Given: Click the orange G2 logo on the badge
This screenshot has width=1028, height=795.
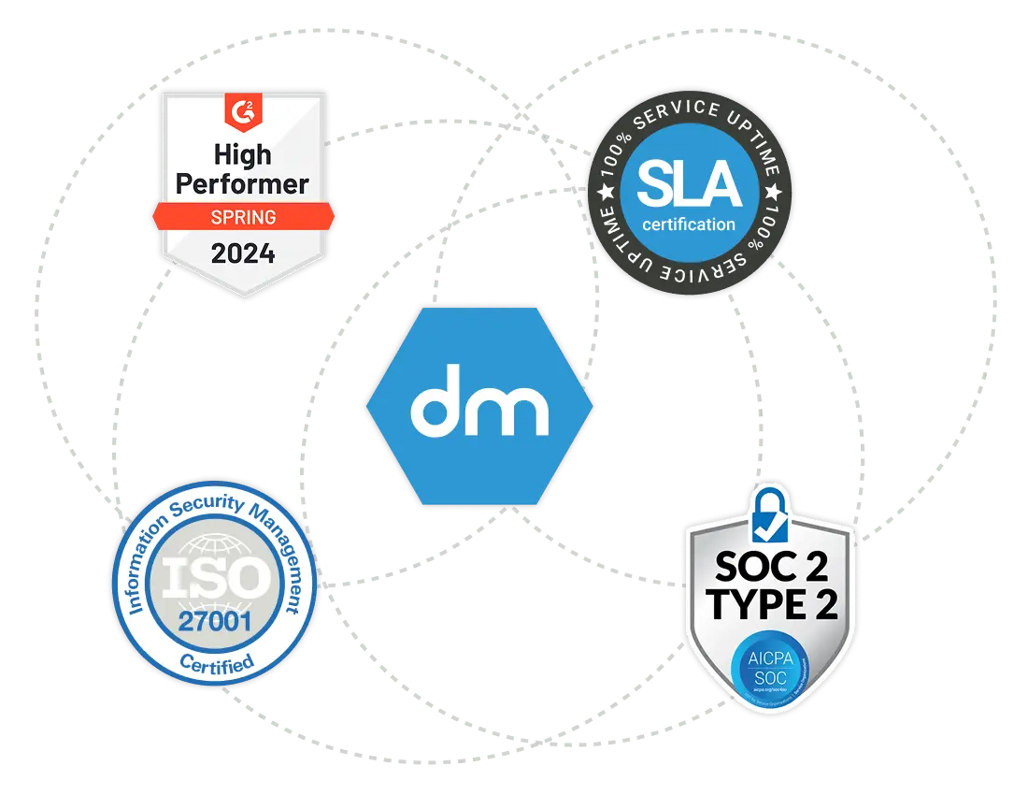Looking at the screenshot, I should (x=242, y=113).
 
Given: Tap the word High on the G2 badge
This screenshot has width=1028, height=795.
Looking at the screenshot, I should (x=242, y=153).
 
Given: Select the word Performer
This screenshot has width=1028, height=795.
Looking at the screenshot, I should (x=242, y=183).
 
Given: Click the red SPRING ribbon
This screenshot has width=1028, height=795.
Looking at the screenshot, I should (x=242, y=217).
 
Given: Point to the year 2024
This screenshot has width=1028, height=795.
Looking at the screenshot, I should (x=242, y=253).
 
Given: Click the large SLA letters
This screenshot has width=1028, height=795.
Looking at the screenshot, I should (x=690, y=184).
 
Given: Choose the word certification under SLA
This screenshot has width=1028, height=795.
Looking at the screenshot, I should (x=690, y=224).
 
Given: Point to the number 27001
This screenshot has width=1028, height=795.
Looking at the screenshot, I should (x=215, y=619).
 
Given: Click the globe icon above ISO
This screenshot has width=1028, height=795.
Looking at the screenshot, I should (x=214, y=547).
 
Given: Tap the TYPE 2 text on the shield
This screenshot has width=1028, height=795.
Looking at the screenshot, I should (x=770, y=605).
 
